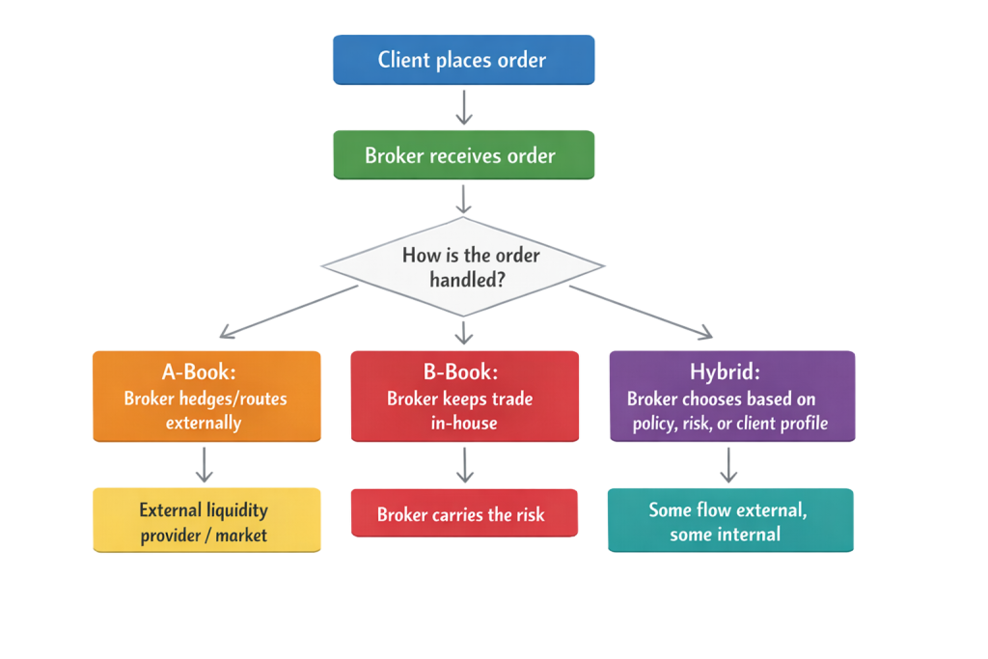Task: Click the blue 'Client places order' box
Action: pos(463,60)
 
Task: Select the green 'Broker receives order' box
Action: pos(463,155)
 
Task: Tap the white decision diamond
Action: pos(463,266)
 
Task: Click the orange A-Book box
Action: pos(206,397)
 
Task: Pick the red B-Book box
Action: pos(464,397)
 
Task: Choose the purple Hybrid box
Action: pos(731,397)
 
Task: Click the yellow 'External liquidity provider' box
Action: pos(206,520)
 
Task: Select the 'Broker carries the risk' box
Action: pos(463,513)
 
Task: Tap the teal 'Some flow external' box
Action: pos(729,520)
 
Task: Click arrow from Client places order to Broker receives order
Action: pos(464,107)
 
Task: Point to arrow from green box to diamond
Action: pos(464,199)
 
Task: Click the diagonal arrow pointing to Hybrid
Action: pos(642,311)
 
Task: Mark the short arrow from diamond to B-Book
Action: pos(464,332)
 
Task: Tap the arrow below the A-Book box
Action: pos(204,465)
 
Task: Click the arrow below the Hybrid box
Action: pos(729,465)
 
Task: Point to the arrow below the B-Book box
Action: pos(464,465)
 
